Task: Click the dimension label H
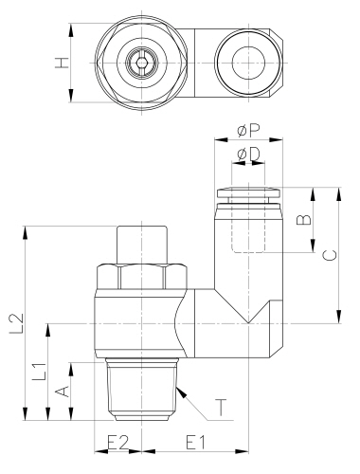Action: click(62, 63)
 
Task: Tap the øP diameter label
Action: click(248, 130)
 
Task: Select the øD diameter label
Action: click(248, 155)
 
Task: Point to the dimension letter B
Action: click(304, 219)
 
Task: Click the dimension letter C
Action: click(331, 255)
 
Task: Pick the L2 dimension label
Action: click(17, 323)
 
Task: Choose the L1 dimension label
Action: click(41, 371)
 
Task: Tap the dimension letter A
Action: click(62, 392)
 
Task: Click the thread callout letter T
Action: click(221, 407)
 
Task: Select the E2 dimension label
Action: click(118, 443)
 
